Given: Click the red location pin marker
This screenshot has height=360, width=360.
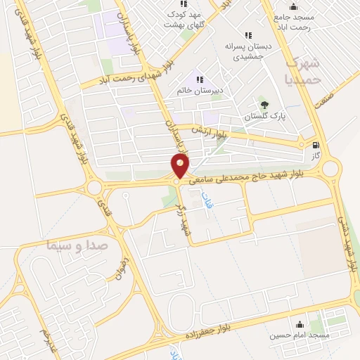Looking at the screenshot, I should click(180, 166).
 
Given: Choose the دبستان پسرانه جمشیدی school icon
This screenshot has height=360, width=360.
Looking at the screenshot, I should click(247, 35).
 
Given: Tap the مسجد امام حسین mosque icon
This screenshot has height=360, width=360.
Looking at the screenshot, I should click(301, 325).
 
